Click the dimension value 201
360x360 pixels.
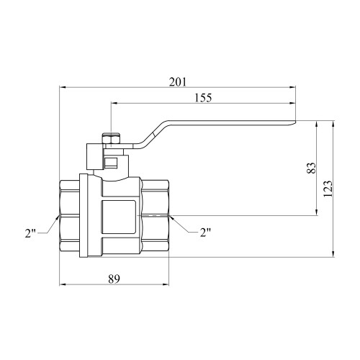(x=178, y=82)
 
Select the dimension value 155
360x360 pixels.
(x=203, y=98)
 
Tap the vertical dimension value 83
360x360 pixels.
(x=312, y=168)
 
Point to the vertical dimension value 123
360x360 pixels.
(x=328, y=189)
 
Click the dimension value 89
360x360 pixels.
(x=114, y=279)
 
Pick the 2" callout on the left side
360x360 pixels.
(x=30, y=233)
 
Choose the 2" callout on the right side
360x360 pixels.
(x=205, y=233)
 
